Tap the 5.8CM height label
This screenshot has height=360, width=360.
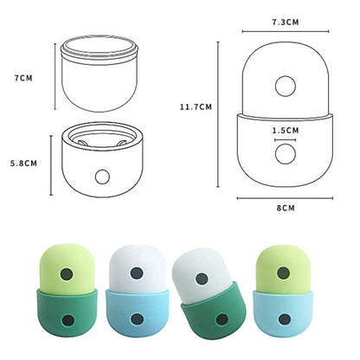pyautogui.click(x=23, y=162)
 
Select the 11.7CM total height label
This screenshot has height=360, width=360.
pyautogui.click(x=196, y=106)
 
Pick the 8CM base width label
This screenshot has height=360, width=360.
pyautogui.click(x=284, y=209)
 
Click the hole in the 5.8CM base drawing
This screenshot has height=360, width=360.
pyautogui.click(x=103, y=177)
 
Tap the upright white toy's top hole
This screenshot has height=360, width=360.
pyautogui.click(x=136, y=273)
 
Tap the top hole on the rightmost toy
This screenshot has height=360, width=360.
pyautogui.click(x=283, y=273)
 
